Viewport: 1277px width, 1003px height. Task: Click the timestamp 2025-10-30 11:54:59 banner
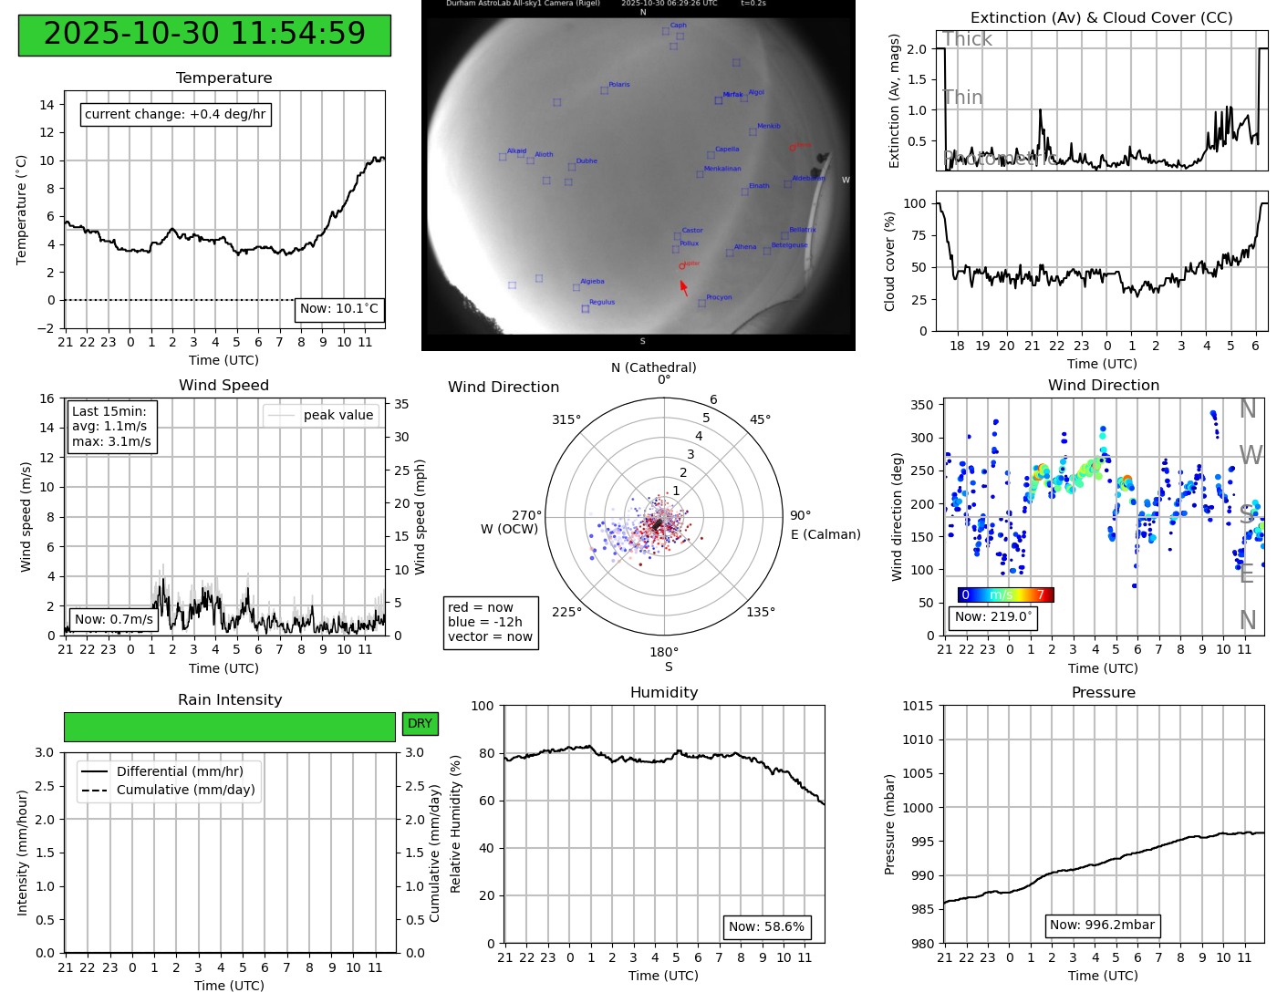pyautogui.click(x=204, y=35)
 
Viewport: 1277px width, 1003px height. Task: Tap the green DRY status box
pyautogui.click(x=420, y=724)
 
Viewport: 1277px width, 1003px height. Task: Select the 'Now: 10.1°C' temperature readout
pyautogui.click(x=338, y=309)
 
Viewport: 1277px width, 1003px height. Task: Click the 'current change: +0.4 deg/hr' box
pyautogui.click(x=175, y=115)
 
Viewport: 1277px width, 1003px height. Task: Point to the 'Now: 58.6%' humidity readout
pyautogui.click(x=766, y=927)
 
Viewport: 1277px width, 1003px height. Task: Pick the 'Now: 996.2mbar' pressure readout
pyautogui.click(x=1102, y=925)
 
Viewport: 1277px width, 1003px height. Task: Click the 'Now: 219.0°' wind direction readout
pyautogui.click(x=992, y=617)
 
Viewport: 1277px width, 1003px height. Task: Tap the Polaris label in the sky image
pyautogui.click(x=619, y=85)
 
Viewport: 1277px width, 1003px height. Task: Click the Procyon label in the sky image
pyautogui.click(x=719, y=297)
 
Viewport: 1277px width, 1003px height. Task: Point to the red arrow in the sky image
pyautogui.click(x=684, y=288)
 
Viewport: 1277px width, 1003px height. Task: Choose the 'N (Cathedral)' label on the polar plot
pyautogui.click(x=653, y=367)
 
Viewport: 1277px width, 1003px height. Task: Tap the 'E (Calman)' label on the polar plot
pyautogui.click(x=825, y=534)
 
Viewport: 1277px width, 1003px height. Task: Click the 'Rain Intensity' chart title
pyautogui.click(x=230, y=700)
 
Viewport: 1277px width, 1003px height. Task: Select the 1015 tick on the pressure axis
pyautogui.click(x=918, y=706)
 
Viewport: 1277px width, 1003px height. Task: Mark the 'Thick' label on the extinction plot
pyautogui.click(x=967, y=39)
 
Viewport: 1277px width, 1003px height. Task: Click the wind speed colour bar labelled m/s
pyautogui.click(x=1005, y=595)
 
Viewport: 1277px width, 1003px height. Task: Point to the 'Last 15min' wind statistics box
pyautogui.click(x=111, y=427)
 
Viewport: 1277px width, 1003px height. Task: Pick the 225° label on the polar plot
pyautogui.click(x=566, y=612)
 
